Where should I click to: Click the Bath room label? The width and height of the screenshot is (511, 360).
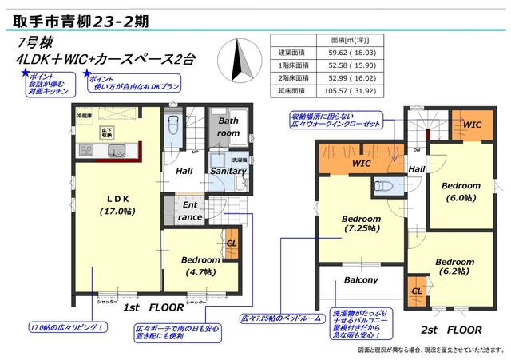click(228, 127)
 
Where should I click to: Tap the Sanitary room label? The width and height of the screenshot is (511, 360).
click(228, 171)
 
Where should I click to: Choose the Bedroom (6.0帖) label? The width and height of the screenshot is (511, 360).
click(461, 192)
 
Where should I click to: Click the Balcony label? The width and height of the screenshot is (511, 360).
click(361, 280)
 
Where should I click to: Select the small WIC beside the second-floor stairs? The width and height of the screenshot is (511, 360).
click(471, 125)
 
